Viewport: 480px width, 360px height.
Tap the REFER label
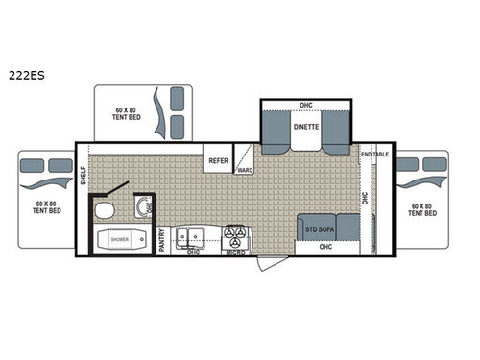(x=219, y=161)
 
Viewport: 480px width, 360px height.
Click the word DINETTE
(x=306, y=126)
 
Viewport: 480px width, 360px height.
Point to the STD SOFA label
(x=319, y=228)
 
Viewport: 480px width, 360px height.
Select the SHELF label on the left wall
(x=84, y=174)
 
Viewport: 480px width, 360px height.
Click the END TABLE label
(x=374, y=154)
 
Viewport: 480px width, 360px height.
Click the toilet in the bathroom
(x=107, y=209)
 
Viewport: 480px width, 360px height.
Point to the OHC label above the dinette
(x=306, y=105)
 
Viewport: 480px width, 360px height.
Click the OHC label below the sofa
(x=324, y=247)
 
